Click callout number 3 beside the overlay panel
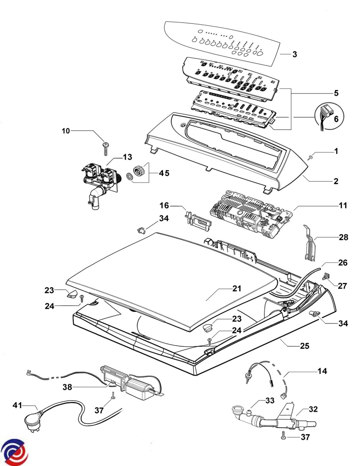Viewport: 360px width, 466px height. pos(294,54)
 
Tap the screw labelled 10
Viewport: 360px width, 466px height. pos(105,148)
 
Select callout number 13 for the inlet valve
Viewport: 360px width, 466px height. pos(128,157)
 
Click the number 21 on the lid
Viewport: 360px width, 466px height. pos(237,289)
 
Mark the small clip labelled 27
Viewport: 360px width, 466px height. pos(326,276)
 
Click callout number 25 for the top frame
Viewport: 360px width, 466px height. pos(305,345)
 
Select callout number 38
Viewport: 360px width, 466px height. pos(67,387)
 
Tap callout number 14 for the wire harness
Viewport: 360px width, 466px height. pos(322,371)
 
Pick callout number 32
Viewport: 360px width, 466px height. pos(313,409)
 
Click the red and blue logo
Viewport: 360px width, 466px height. pos(14,452)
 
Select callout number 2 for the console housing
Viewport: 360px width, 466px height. pos(336,181)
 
